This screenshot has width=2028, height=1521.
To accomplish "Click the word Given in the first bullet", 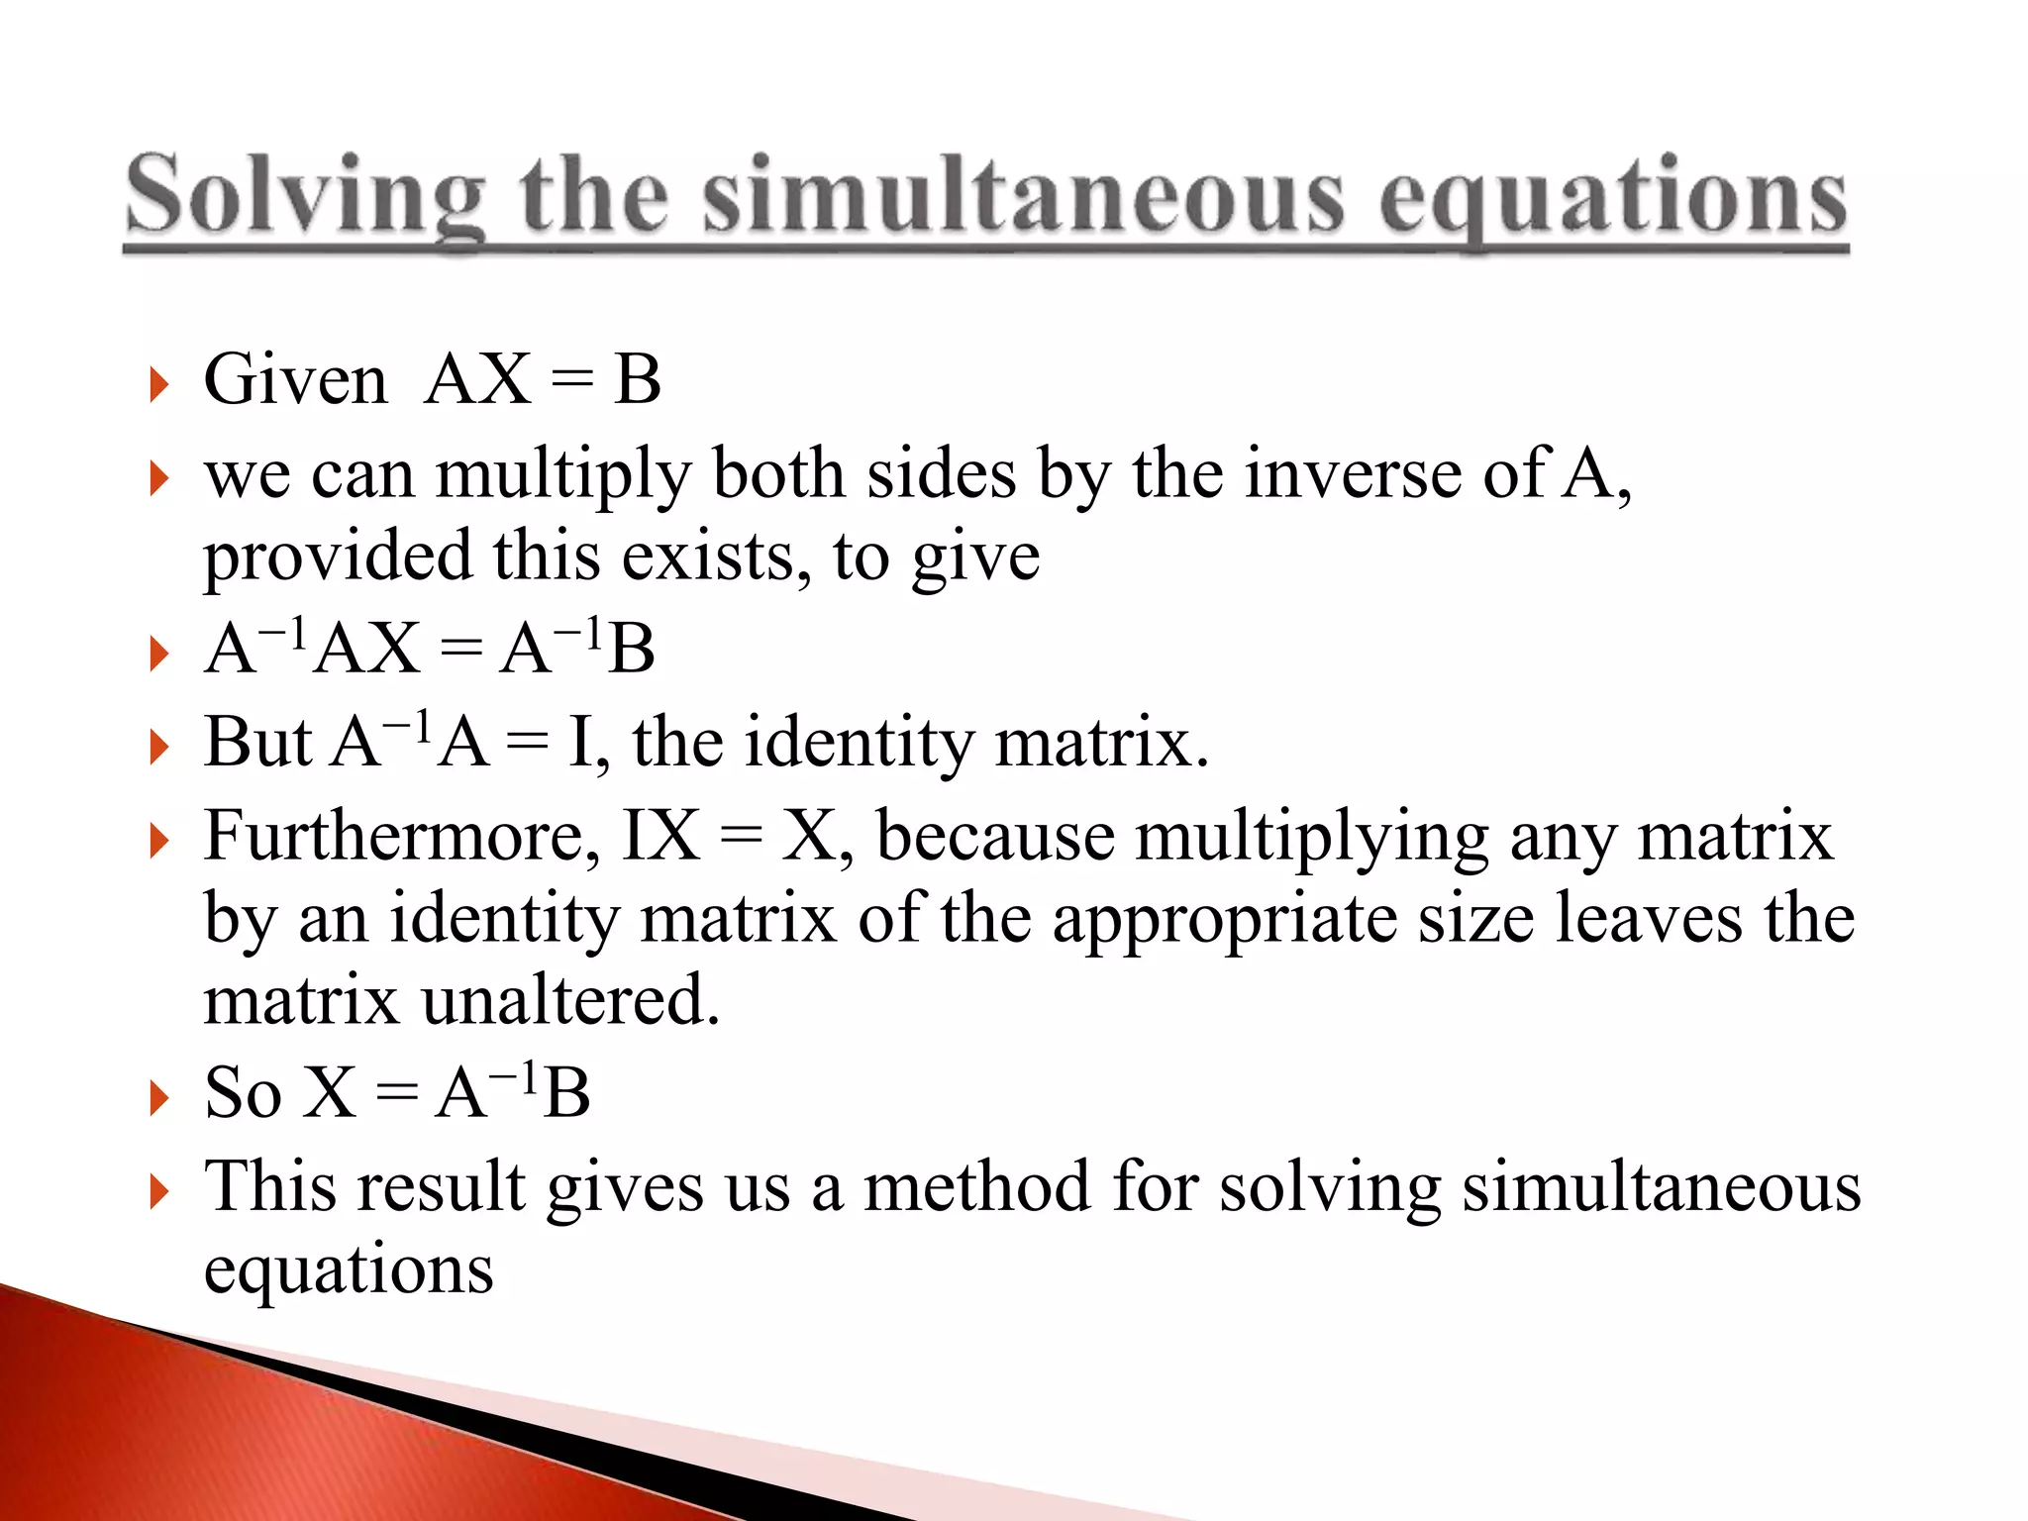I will coord(295,379).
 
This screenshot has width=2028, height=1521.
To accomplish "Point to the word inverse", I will coord(1353,473).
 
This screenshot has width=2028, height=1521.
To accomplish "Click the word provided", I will coord(338,557).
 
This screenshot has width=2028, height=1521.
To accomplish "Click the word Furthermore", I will coord(401,837).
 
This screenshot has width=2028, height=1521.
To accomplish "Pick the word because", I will coord(996,837).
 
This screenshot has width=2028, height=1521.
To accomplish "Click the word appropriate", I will coord(1224,920).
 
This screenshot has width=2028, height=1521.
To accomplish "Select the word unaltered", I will coord(570,1000).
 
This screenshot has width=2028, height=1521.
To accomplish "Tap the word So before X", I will coord(243,1093).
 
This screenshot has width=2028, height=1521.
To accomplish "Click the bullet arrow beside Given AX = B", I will coord(157,384).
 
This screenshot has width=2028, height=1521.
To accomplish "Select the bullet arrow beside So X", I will coord(157,1098).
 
